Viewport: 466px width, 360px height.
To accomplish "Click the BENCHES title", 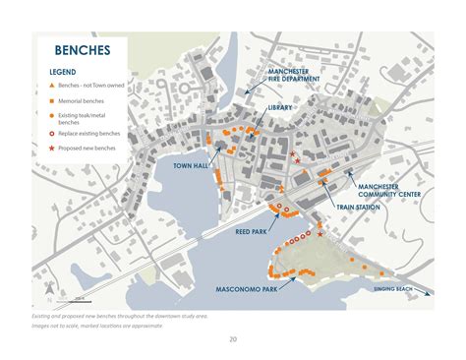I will pyautogui.click(x=82, y=50).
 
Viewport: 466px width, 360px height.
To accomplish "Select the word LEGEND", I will pyautogui.click(x=63, y=72).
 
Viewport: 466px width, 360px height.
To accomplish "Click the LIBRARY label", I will pyautogui.click(x=280, y=107).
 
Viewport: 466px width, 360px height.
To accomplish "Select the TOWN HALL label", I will pyautogui.click(x=191, y=166).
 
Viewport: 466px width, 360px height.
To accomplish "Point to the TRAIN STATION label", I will pyautogui.click(x=358, y=208).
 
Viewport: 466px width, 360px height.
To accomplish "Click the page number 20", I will pyautogui.click(x=233, y=339).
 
